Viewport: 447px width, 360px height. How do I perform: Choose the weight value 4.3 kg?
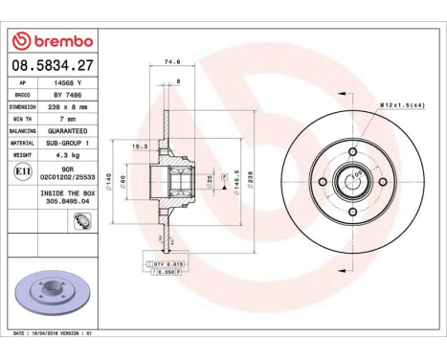point(66,152)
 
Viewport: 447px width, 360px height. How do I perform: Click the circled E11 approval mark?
point(22,169)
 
